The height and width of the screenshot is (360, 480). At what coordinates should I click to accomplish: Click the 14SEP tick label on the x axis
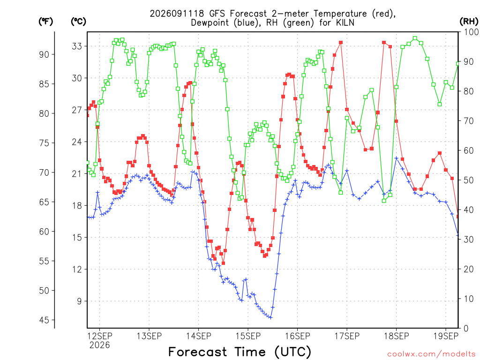pyautogui.click(x=198, y=336)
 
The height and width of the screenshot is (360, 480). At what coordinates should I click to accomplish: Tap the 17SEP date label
pyautogui.click(x=347, y=336)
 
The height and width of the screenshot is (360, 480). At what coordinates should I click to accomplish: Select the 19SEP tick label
pyautogui.click(x=446, y=336)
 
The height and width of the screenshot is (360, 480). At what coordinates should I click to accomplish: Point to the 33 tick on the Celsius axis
pyautogui.click(x=77, y=46)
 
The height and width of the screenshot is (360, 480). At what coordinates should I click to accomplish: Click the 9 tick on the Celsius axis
pyautogui.click(x=79, y=301)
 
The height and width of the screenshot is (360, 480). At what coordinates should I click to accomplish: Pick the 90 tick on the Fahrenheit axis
pyautogui.click(x=44, y=54)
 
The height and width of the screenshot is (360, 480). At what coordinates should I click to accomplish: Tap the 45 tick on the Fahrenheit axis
pyautogui.click(x=44, y=320)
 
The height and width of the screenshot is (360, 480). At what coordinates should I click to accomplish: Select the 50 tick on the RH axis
pyautogui.click(x=469, y=180)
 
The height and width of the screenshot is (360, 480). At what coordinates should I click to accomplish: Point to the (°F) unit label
pyautogui.click(x=45, y=22)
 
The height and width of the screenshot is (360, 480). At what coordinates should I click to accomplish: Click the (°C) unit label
pyautogui.click(x=78, y=22)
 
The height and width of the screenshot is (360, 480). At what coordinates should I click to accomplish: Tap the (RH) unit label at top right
pyautogui.click(x=469, y=22)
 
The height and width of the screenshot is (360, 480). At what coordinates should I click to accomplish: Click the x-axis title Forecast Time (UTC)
pyautogui.click(x=240, y=352)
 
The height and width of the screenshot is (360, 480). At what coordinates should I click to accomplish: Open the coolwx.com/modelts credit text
pyautogui.click(x=431, y=354)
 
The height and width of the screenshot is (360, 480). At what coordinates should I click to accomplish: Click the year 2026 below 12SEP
pyautogui.click(x=99, y=345)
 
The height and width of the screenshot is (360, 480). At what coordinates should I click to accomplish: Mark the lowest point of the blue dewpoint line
pyautogui.click(x=270, y=317)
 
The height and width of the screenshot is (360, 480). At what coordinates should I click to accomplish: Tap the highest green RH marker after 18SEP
pyautogui.click(x=415, y=38)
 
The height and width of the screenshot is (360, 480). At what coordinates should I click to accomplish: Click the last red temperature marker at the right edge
pyautogui.click(x=457, y=217)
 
